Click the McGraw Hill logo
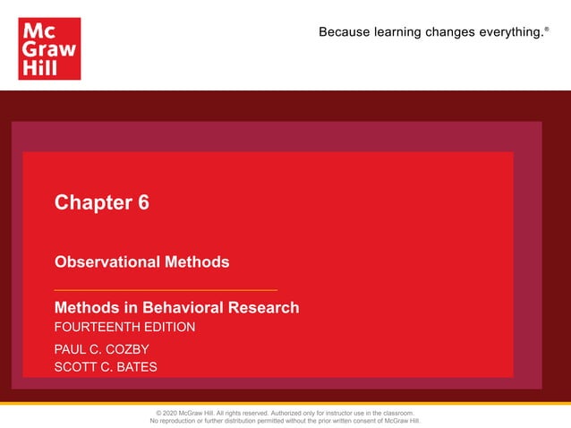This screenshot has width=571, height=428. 49,49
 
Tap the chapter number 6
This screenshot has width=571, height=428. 143,202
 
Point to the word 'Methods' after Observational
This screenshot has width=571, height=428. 197,262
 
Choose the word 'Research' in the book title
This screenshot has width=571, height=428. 264,308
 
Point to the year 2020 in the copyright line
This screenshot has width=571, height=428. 175,413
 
